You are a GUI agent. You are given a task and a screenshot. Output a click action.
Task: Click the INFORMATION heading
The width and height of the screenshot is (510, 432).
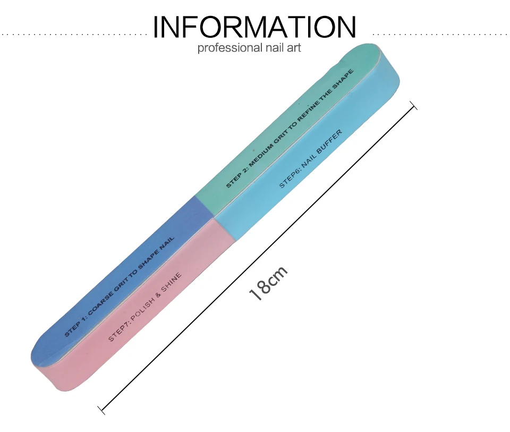click(x=254, y=27)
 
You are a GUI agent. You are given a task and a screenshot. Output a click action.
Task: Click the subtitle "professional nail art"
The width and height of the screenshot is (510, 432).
click(x=249, y=48)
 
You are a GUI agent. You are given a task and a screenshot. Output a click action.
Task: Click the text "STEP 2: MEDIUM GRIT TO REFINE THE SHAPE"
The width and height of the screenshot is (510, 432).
click(x=289, y=128)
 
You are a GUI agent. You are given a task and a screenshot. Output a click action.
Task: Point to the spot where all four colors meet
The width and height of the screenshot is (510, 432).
click(x=214, y=218)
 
